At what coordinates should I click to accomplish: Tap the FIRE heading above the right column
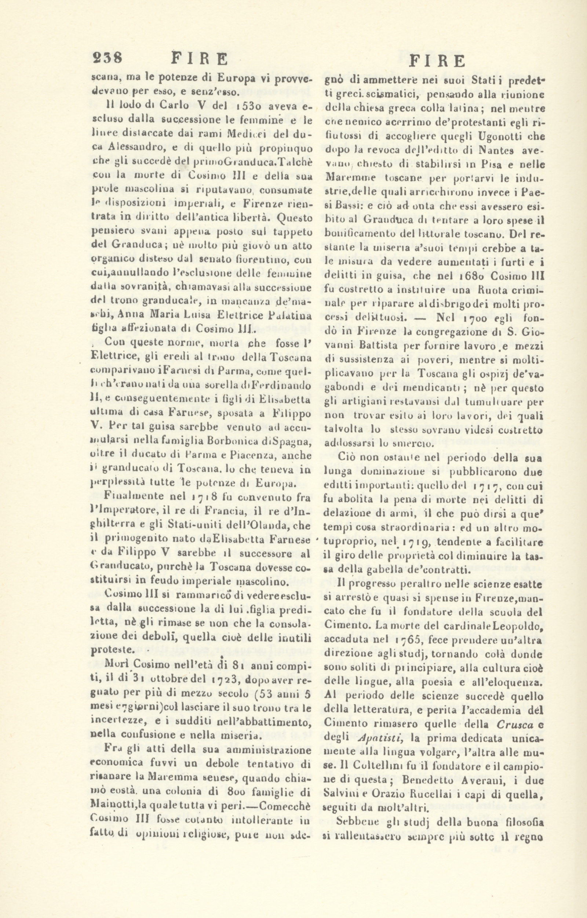point(439,61)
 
